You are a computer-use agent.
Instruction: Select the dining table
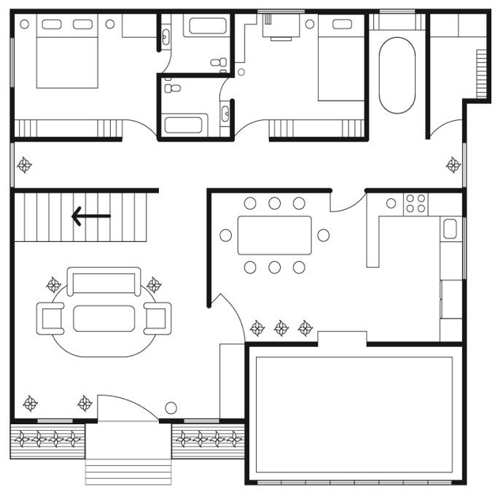pyautogui.click(x=274, y=235)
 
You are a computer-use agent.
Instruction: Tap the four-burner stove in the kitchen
pyautogui.click(x=416, y=203)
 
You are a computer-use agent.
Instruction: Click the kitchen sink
pyautogui.click(x=450, y=230)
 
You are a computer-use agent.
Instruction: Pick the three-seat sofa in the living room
pyautogui.click(x=104, y=281)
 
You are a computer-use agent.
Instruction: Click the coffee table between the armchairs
pyautogui.click(x=104, y=319)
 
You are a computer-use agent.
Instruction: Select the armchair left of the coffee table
pyautogui.click(x=52, y=317)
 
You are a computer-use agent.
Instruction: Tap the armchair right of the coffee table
pyautogui.click(x=157, y=317)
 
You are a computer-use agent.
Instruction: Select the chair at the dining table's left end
pyautogui.click(x=226, y=235)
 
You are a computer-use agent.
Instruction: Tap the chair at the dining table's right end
pyautogui.click(x=323, y=235)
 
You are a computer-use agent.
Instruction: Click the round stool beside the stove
pyautogui.click(x=391, y=203)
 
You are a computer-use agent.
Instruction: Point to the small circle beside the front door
pyautogui.click(x=171, y=408)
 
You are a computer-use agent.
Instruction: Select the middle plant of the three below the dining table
pyautogui.click(x=281, y=329)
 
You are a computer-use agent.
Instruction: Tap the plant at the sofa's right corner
pyautogui.click(x=153, y=285)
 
